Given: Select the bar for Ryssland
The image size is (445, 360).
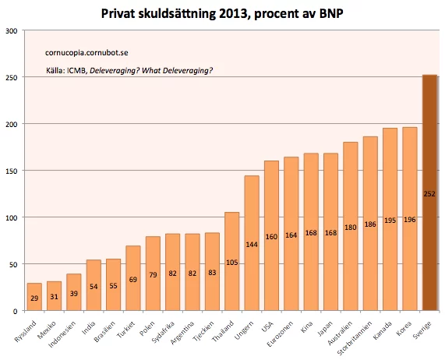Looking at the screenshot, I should (34, 297).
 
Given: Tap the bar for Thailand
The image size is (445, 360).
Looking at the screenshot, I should (231, 261).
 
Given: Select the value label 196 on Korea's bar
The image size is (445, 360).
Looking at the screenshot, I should (409, 221).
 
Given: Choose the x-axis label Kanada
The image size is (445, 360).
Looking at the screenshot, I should (385, 326).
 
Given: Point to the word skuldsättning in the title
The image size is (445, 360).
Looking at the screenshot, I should (185, 13).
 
